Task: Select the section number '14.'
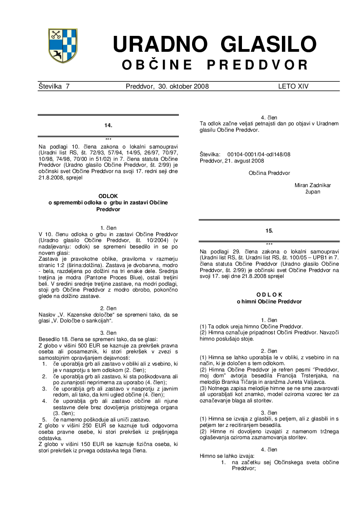[108, 124]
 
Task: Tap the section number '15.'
[269, 231]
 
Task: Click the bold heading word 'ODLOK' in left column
[108, 196]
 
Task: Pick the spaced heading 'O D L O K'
[269, 294]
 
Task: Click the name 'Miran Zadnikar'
[313, 185]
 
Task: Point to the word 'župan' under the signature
[313, 192]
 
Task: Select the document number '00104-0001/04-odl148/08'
[259, 154]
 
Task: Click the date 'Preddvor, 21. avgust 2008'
[232, 161]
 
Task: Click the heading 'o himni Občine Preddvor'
[269, 301]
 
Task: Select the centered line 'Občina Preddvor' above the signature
[269, 173]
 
